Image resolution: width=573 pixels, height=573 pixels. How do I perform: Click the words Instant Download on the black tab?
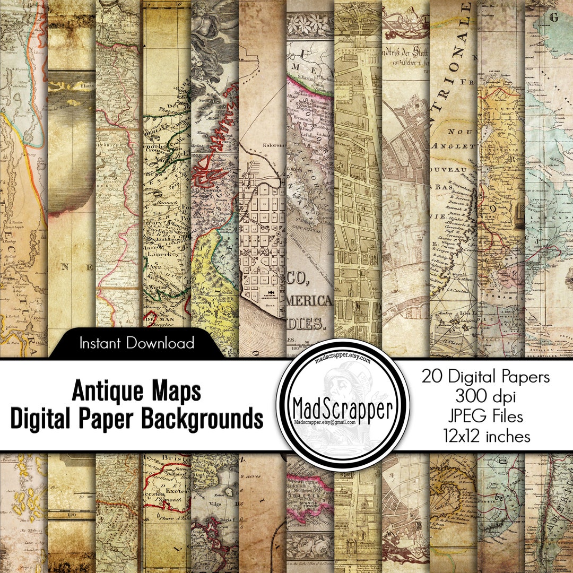pos(136,343)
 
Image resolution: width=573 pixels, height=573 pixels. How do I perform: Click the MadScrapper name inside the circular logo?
pos(344,409)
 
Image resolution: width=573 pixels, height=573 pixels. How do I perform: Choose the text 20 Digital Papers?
pos(486,377)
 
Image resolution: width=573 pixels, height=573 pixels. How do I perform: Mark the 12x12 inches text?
pos(486,436)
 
